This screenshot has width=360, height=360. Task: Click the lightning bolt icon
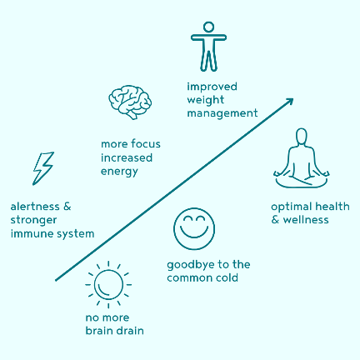43,168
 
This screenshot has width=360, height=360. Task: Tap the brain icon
130,102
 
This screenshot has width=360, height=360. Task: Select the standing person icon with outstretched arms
208,47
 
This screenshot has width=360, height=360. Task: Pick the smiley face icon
194,228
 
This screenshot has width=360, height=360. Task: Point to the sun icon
108,285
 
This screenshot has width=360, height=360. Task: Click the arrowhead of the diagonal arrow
290,102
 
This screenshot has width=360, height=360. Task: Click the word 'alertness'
35,207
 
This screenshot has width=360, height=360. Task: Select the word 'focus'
145,144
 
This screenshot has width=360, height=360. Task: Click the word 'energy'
119,172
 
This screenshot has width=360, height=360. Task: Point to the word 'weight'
206,100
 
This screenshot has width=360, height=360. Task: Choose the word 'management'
222,113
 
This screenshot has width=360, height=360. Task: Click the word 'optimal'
292,207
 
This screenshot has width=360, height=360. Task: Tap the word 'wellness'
306,220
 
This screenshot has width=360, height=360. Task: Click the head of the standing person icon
208,27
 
